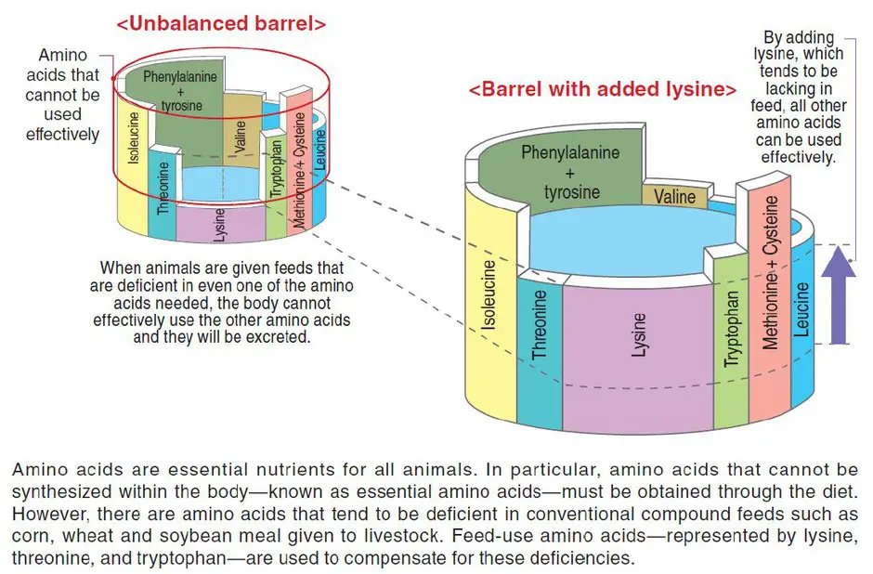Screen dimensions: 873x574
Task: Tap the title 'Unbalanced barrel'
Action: click(x=221, y=23)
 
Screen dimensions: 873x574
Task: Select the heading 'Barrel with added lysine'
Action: click(x=603, y=89)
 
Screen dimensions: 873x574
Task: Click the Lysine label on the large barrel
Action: click(x=639, y=334)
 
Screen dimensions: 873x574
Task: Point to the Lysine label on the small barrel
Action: click(x=220, y=225)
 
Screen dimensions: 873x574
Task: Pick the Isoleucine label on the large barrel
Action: click(x=489, y=294)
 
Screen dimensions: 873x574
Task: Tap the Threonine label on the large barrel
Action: click(x=539, y=324)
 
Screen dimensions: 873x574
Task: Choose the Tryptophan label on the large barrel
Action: click(x=732, y=329)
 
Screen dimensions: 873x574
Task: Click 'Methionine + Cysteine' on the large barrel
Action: click(x=771, y=272)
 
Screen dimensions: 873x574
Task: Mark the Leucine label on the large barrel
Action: click(x=801, y=309)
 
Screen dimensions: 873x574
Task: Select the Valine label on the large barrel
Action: click(x=674, y=197)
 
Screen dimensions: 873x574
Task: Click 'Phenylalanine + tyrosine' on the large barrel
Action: click(x=570, y=172)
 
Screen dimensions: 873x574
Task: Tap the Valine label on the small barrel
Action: click(x=240, y=137)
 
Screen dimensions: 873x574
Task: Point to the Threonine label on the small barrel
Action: click(x=163, y=188)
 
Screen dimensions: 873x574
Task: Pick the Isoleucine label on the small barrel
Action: click(x=134, y=137)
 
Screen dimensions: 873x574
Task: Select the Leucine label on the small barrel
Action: click(x=319, y=150)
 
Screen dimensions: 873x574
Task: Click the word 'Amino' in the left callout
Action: click(x=62, y=55)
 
